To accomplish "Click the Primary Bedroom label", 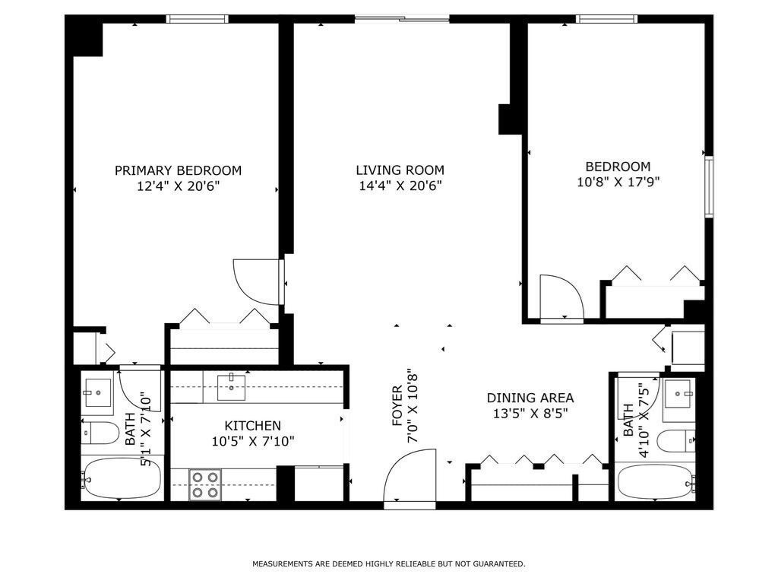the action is coord(178,170).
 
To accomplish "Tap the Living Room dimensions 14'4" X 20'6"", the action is coord(400,186).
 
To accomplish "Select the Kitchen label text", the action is coord(252,426).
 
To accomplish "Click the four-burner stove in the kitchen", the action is coord(205,484).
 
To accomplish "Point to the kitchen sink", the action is coord(231,387).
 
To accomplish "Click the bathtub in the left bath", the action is coord(122,478).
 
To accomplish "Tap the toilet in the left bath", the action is coord(100,433).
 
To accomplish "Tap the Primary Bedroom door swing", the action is coord(257,282).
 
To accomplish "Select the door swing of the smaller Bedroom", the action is coord(561,298).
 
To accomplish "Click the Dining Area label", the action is coord(530,398).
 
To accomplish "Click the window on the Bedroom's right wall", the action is coord(709,187).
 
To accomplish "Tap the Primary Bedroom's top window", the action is coord(197,19).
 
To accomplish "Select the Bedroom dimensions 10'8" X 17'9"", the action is coord(618,182).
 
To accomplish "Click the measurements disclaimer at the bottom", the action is coord(388,564).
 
